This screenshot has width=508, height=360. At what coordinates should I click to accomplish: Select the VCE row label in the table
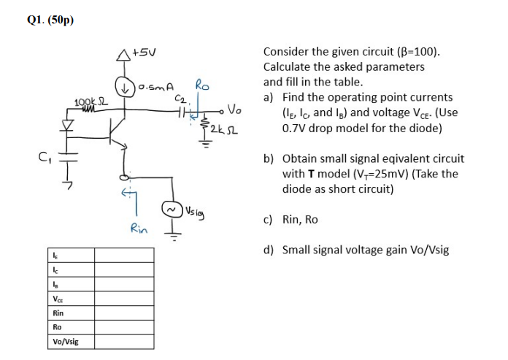57,298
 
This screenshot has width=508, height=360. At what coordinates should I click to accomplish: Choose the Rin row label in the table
58,313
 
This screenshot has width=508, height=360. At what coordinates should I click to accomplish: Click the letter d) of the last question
269,250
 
